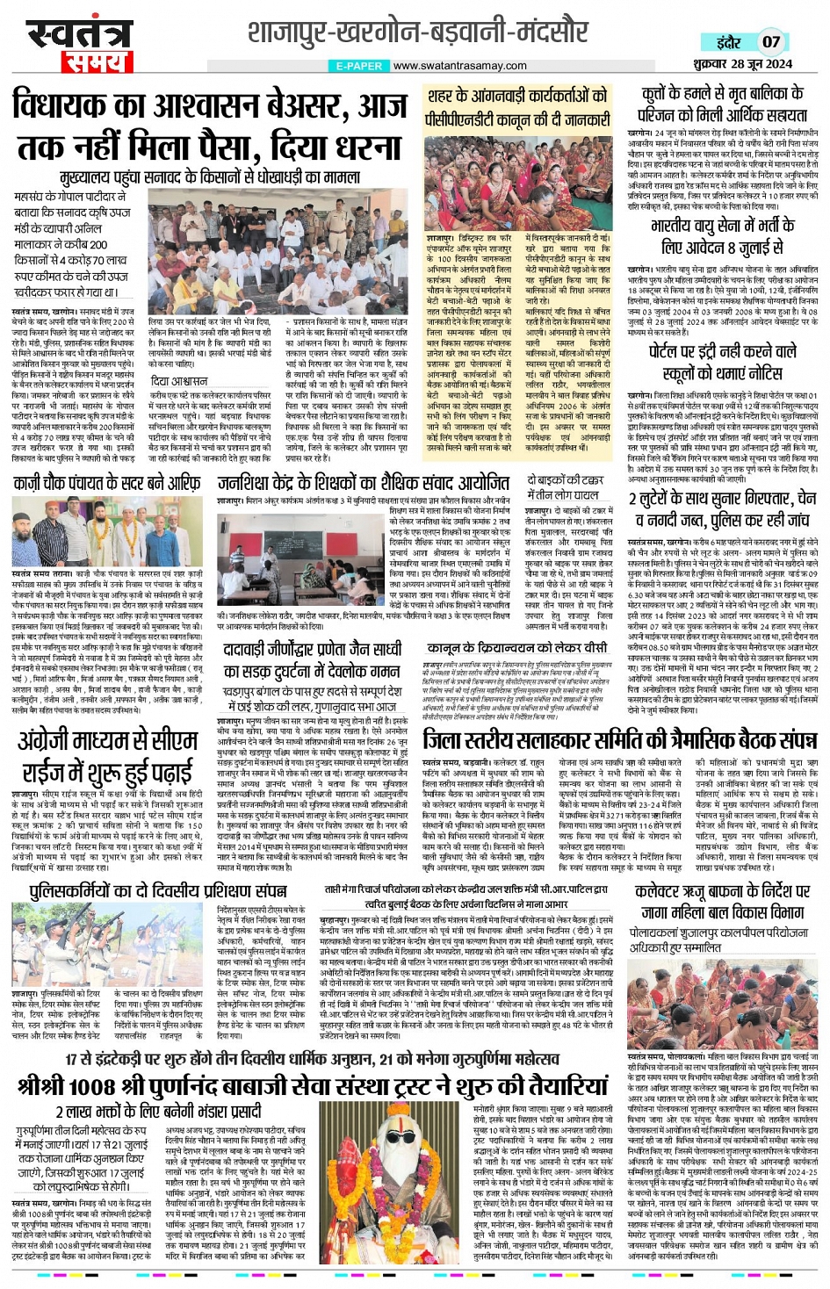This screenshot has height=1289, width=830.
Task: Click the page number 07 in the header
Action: click(770, 41)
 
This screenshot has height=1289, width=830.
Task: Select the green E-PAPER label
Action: click(359, 66)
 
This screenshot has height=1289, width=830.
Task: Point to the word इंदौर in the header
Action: click(728, 41)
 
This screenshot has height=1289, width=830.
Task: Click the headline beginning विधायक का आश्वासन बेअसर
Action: click(211, 126)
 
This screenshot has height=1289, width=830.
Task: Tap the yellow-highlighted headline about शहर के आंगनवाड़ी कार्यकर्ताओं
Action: click(516, 106)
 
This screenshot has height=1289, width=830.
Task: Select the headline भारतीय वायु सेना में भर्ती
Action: click(722, 236)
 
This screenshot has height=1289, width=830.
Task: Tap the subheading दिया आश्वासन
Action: click(179, 381)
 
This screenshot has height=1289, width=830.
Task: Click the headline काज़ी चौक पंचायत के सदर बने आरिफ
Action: click(107, 482)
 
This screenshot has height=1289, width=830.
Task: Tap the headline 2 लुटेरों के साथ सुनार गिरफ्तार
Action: click(722, 509)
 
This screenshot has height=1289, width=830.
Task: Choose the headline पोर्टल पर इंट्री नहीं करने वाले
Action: click(722, 362)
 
